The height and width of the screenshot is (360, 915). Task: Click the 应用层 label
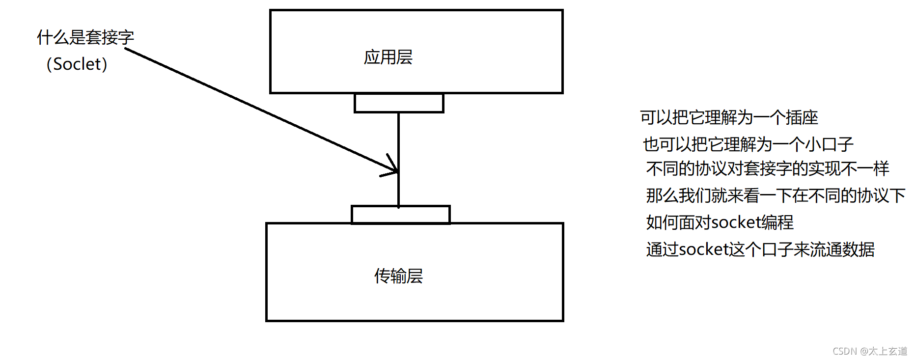(388, 57)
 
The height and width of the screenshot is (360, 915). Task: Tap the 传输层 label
(398, 276)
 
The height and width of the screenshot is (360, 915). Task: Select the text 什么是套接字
(85, 37)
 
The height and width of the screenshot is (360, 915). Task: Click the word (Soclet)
(77, 64)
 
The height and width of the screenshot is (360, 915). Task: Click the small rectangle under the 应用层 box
(399, 103)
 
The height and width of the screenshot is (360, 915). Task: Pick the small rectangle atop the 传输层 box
(401, 215)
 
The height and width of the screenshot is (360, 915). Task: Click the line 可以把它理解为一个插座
(729, 117)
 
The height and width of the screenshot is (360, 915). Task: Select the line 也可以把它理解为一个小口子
(748, 144)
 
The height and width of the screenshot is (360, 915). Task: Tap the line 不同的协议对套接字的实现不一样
(768, 168)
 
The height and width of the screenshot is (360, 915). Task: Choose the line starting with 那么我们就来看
(776, 195)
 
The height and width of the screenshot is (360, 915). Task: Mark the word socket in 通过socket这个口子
(704, 249)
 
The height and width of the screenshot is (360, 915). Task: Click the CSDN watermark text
(845, 351)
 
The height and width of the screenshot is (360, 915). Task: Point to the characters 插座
(802, 117)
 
